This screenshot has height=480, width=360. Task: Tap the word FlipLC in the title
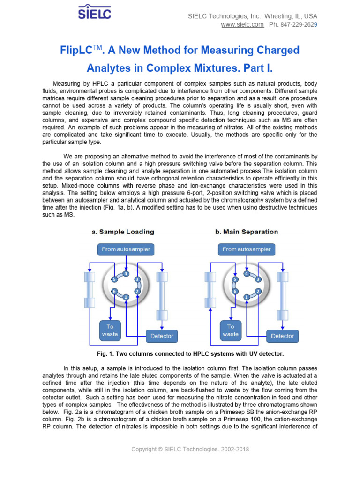click(x=78, y=50)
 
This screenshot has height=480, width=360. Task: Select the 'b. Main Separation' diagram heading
click(x=246, y=232)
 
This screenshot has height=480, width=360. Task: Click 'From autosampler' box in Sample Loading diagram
click(x=126, y=249)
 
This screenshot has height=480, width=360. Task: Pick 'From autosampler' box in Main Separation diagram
click(x=247, y=249)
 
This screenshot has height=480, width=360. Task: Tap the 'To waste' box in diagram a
click(x=110, y=330)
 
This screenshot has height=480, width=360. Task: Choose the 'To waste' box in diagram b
click(x=231, y=330)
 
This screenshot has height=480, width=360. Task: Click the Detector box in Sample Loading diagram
click(x=162, y=336)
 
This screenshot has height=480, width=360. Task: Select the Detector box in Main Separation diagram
click(x=282, y=336)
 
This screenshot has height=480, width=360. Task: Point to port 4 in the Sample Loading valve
click(x=126, y=274)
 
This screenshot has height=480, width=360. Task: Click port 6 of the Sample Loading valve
click(x=114, y=291)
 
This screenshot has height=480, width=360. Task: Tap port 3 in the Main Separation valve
click(x=258, y=279)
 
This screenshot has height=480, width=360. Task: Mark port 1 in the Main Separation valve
click(x=247, y=297)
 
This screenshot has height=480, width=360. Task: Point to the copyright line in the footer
click(x=190, y=450)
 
